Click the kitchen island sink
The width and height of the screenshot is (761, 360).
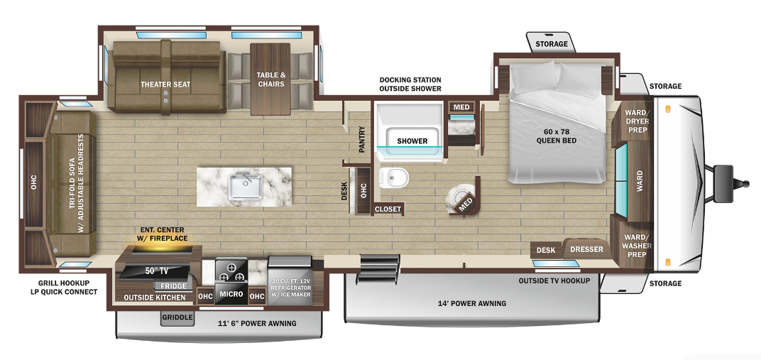tap(245, 186)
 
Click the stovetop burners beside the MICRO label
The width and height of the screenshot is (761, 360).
tap(231, 271)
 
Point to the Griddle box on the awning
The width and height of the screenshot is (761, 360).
tap(177, 317)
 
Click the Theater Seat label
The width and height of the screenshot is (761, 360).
tap(165, 84)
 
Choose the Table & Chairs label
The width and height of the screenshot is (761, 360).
tap(270, 80)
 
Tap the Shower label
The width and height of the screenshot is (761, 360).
tap(412, 141)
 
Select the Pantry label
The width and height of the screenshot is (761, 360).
tap(362, 139)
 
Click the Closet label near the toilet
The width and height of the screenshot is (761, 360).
tap(388, 209)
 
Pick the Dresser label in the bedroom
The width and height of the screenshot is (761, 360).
tap(587, 249)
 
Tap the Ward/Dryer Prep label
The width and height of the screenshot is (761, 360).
tap(636, 121)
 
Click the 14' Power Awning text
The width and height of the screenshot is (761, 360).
tap(471, 303)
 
